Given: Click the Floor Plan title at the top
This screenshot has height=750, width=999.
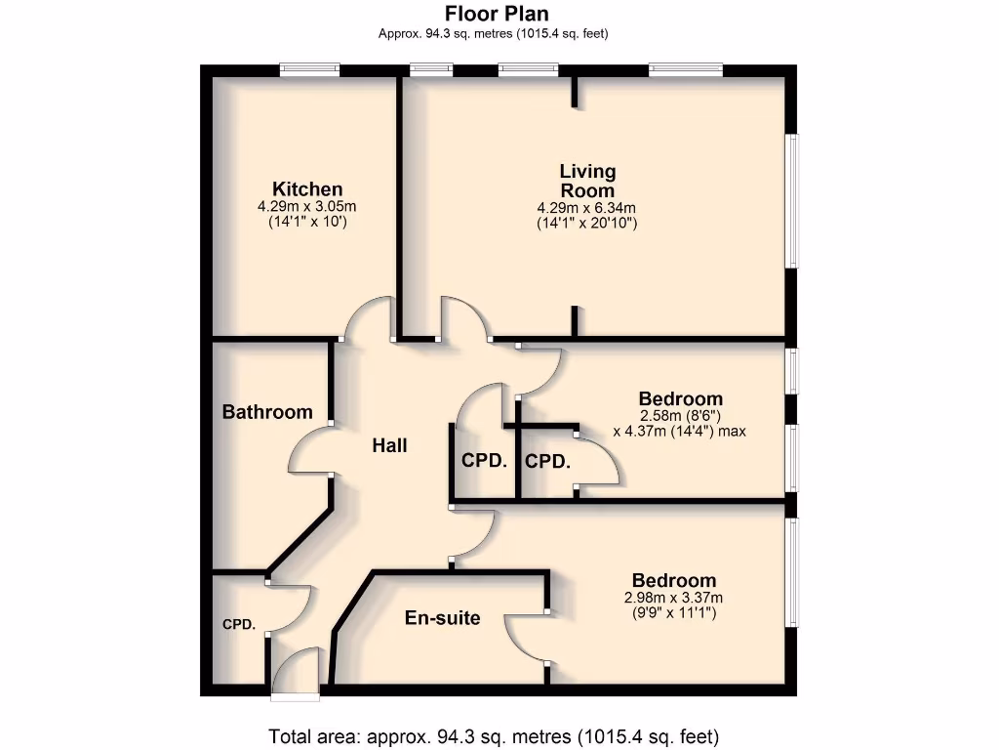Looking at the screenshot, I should click(x=497, y=14).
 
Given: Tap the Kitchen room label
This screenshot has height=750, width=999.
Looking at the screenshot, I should click(x=307, y=189).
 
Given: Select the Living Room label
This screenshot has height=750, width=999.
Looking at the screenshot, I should click(x=587, y=181).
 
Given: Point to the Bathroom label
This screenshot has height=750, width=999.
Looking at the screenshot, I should click(x=267, y=412).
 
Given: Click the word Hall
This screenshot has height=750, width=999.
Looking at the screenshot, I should click(x=389, y=445).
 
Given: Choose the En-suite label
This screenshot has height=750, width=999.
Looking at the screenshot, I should click(x=442, y=617).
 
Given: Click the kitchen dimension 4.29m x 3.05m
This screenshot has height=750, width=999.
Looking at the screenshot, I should click(x=307, y=207).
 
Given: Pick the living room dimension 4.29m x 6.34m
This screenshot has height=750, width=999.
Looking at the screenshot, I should click(x=586, y=208).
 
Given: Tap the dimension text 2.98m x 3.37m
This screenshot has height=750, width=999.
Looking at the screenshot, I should click(x=673, y=598).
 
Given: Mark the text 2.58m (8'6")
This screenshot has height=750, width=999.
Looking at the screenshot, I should click(x=680, y=415).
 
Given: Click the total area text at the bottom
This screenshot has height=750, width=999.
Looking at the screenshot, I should click(x=494, y=735).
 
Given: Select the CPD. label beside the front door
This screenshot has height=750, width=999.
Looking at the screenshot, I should click(x=238, y=624).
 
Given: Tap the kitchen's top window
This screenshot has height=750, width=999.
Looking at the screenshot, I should click(x=309, y=69).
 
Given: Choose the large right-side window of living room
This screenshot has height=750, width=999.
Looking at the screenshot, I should click(x=792, y=200).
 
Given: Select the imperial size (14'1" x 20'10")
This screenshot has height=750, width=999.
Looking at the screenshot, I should click(x=586, y=223).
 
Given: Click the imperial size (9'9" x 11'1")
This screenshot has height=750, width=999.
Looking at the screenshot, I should click(x=673, y=613).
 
